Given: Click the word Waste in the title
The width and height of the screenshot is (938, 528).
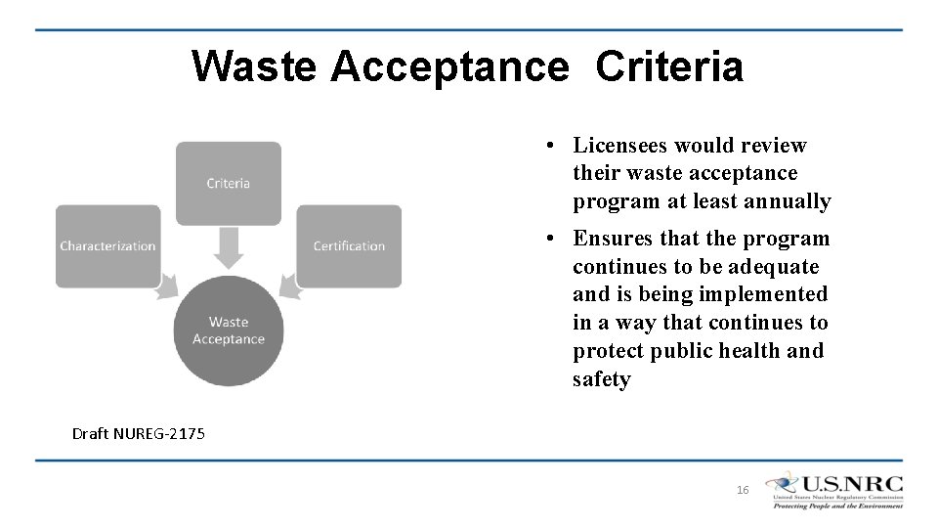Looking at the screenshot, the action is [254, 66].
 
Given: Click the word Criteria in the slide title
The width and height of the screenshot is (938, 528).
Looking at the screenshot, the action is [669, 66].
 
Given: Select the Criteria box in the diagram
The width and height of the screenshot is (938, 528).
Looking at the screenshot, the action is [229, 183].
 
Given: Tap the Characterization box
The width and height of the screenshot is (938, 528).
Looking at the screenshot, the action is [107, 246].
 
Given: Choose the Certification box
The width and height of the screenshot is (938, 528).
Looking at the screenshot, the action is [349, 246].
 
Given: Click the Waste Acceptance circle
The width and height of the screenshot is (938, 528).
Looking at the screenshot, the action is [229, 330].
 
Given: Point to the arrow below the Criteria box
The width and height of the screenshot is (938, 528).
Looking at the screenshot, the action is [229, 248].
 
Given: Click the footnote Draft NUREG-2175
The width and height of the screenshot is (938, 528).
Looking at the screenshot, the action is [139, 433].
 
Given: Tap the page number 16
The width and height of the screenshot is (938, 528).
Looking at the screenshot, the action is [743, 490].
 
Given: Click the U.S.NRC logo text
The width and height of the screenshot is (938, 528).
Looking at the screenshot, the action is [851, 484].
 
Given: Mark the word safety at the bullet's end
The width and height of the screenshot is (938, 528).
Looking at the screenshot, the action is [601, 379].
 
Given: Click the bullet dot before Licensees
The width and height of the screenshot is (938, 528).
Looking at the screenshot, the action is [552, 146].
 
